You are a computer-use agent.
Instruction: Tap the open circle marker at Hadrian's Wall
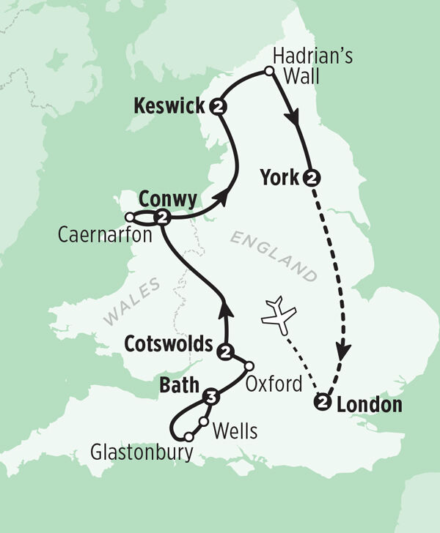pyautogui.click(x=269, y=71)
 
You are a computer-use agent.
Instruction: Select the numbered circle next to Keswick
pyautogui.click(x=217, y=107)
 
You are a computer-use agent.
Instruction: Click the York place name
pyautogui.click(x=279, y=177)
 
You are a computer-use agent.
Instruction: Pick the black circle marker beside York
pyautogui.click(x=312, y=177)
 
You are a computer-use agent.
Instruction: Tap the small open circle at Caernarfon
pyautogui.click(x=130, y=217)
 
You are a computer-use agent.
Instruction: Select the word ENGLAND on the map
pyautogui.click(x=276, y=256)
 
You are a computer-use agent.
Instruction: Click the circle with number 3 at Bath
pyautogui.click(x=211, y=398)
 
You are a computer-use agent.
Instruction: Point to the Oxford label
pyautogui.click(x=274, y=383)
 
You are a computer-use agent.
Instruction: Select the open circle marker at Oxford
pyautogui.click(x=249, y=366)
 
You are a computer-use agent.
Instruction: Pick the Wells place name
pyautogui.click(x=234, y=432)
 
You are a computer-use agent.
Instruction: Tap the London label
pyautogui.click(x=370, y=403)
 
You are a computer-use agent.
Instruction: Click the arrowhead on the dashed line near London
pyautogui.click(x=342, y=351)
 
